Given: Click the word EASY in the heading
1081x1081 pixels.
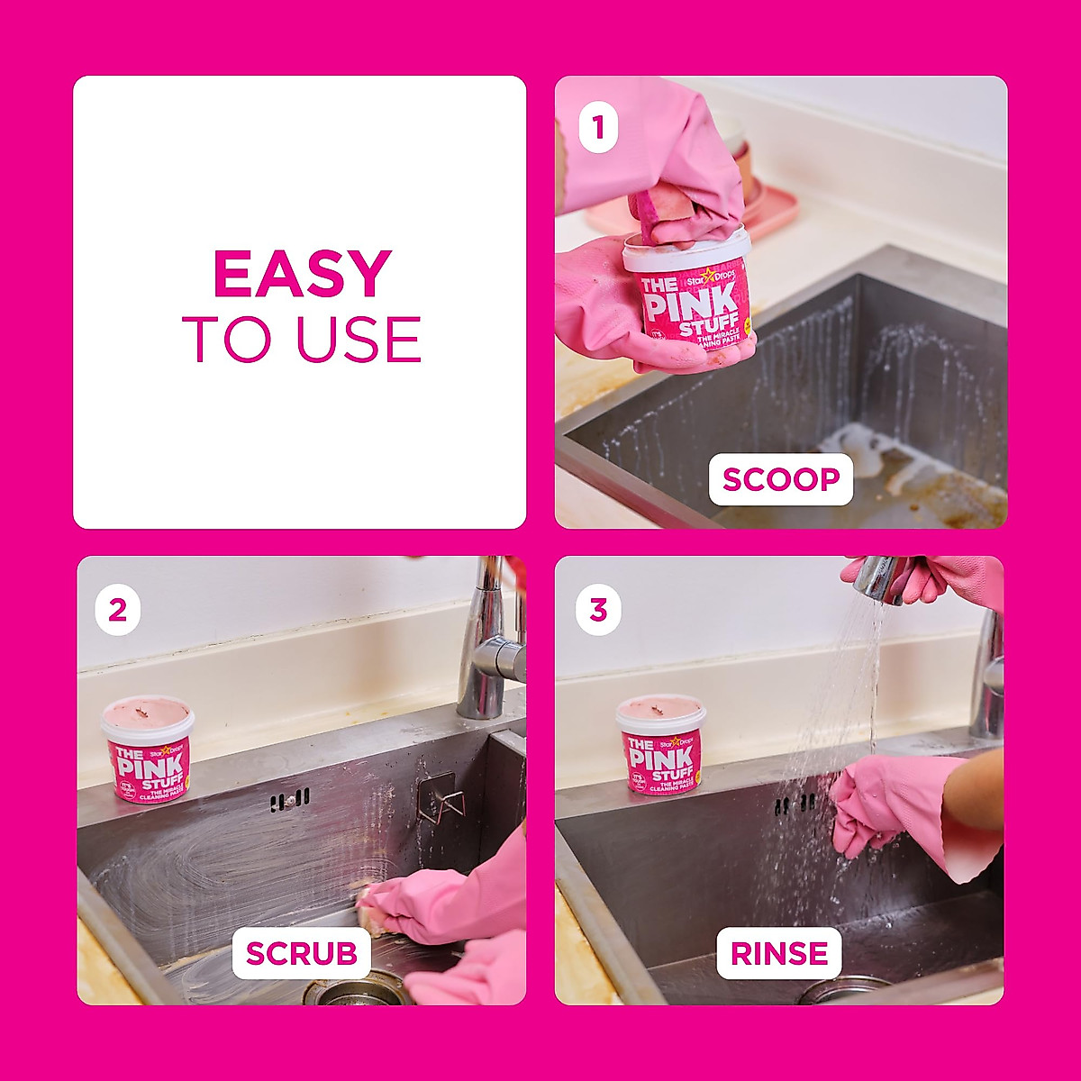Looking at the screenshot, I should (302, 274).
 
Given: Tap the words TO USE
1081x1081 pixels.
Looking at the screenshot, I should (302, 340).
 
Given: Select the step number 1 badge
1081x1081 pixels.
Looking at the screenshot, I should (598, 129).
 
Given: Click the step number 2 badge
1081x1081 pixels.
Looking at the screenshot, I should (118, 610).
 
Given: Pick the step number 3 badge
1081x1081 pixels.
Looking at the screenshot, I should (598, 610).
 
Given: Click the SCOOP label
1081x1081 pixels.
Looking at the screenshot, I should (780, 479).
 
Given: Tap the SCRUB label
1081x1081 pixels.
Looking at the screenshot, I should (301, 953).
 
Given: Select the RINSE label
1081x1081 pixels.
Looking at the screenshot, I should (779, 953).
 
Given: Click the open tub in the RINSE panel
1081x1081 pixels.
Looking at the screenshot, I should (660, 743).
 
